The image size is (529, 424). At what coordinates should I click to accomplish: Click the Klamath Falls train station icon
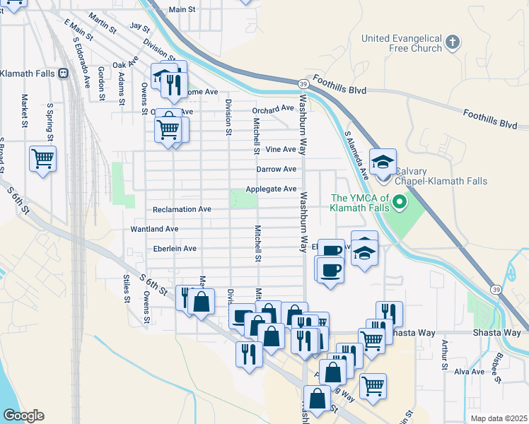pos(63,73)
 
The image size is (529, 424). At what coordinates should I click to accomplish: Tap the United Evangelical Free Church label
pos(401,43)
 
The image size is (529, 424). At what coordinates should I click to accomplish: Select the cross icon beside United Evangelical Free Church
pos(453,43)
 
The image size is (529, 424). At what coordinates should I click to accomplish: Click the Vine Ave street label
pos(280,149)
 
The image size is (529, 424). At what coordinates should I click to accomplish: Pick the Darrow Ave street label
pos(276,169)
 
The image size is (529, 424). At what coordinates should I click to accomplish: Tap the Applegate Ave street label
pos(271,189)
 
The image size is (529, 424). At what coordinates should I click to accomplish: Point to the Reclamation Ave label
pos(182,209)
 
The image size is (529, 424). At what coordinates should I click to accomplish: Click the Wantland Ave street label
pos(154,229)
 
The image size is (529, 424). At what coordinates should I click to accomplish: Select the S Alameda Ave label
pos(357,152)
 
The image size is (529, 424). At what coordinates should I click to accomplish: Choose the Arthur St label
pos(444,355)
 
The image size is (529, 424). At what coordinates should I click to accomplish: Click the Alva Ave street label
pos(470,371)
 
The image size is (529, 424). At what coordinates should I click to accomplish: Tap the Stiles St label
pos(127,289)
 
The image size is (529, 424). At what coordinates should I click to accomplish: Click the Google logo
pos(23,416)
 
